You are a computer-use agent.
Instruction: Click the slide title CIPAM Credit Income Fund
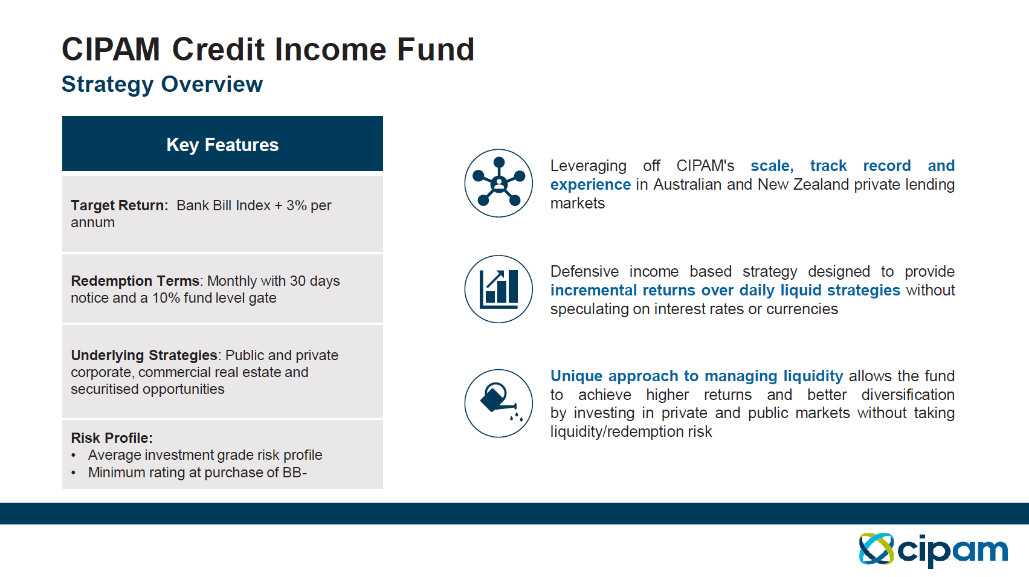(x=268, y=50)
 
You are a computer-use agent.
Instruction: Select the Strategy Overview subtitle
(x=162, y=85)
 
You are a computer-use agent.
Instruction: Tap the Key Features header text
(x=222, y=145)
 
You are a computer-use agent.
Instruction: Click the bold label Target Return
(x=120, y=205)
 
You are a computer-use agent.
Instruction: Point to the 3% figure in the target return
(x=296, y=205)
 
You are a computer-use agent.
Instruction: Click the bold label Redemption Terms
(x=135, y=281)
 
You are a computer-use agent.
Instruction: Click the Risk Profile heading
(x=112, y=438)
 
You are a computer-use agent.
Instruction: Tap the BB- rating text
(x=294, y=472)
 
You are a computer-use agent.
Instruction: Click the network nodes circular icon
(x=498, y=183)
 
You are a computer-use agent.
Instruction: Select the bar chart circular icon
(x=498, y=289)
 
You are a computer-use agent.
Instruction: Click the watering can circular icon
(x=498, y=403)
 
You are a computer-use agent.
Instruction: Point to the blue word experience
(x=591, y=185)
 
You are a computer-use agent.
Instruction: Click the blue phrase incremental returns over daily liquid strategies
(x=725, y=291)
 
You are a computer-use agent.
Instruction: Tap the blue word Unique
(x=576, y=376)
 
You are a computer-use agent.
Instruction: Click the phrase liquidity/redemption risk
(x=631, y=432)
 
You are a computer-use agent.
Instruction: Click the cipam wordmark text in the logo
(x=953, y=551)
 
